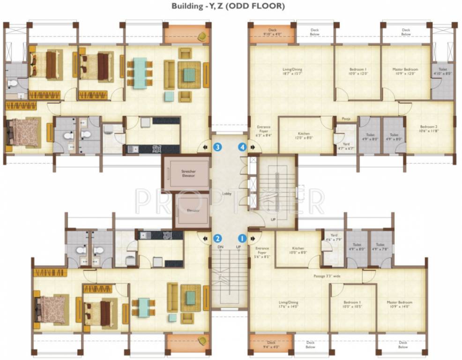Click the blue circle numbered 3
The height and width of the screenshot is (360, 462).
[217, 147]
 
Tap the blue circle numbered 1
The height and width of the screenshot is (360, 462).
[242, 238]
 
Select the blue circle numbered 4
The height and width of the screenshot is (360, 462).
[242, 147]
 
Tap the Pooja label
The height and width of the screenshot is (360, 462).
[346, 119]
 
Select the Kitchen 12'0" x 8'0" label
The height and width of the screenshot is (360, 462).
[304, 136]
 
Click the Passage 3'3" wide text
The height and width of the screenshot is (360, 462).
[327, 276]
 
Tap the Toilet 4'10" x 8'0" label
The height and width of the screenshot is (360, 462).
[442, 71]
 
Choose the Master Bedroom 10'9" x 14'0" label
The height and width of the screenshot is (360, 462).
[400, 305]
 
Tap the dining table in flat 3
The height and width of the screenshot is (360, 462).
[139, 73]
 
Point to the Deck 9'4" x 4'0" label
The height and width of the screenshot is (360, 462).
[271, 345]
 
